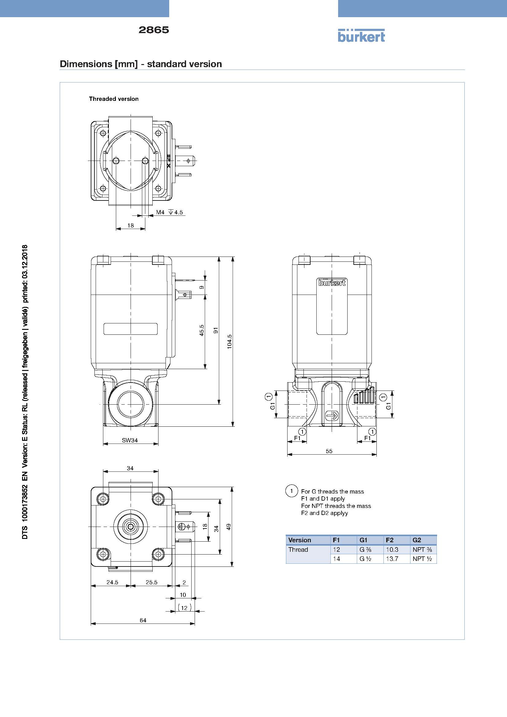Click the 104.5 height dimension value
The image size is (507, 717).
[230, 341]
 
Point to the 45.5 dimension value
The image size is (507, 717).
[202, 330]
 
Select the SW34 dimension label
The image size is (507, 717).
[130, 440]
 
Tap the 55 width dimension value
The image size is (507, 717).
[329, 451]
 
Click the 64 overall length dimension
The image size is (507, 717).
[143, 620]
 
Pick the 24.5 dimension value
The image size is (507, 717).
[112, 582]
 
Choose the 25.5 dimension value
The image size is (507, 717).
[151, 582]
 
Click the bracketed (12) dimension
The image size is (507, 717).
[185, 608]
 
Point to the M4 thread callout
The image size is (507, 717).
[160, 212]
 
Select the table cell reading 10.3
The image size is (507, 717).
[392, 550]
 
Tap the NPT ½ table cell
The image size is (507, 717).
[422, 559]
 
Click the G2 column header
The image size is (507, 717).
[417, 540]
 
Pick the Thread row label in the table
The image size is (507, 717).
[298, 550]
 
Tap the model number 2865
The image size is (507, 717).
[154, 30]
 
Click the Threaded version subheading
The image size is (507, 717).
[114, 99]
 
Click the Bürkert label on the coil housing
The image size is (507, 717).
[332, 282]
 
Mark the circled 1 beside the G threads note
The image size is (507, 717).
[292, 490]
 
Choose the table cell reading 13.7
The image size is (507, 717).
[392, 559]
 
